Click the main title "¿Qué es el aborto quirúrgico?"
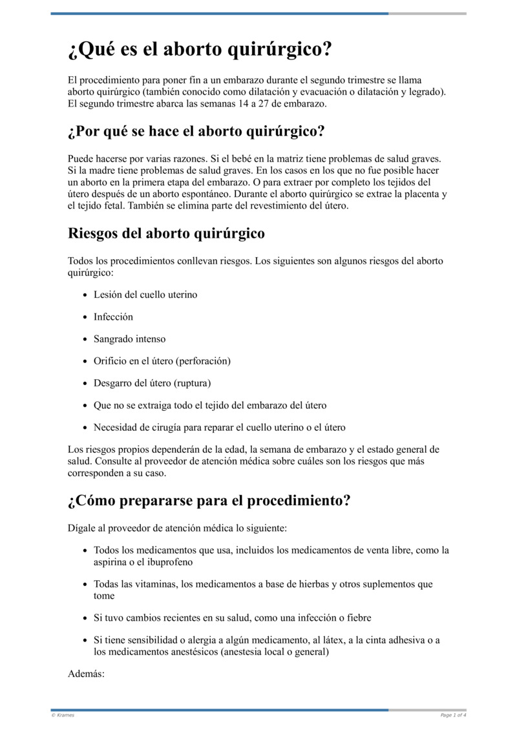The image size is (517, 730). point(200,50)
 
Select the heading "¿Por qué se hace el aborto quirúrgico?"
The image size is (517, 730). point(196,132)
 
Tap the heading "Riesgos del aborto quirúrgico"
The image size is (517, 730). point(166,234)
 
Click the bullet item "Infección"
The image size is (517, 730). point(113,317)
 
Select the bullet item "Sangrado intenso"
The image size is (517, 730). point(129,339)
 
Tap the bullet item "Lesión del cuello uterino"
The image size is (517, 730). point(145,295)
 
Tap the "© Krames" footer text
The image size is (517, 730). point(63,715)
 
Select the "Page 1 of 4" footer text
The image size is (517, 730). point(453,715)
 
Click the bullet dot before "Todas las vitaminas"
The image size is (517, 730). point(86,585)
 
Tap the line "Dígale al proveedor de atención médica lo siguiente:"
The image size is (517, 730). point(177,528)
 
